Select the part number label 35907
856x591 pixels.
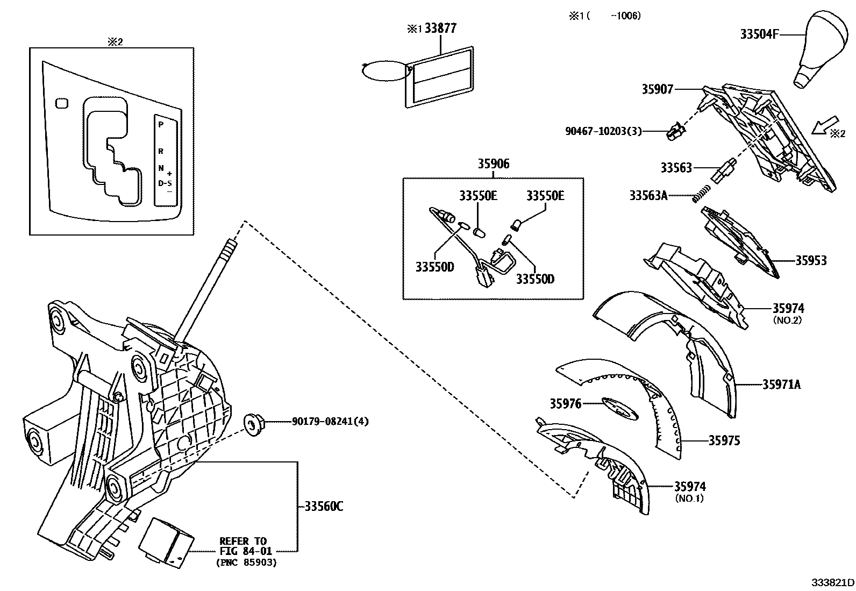coord(657,90)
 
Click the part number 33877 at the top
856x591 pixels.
coord(440,28)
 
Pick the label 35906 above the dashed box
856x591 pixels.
coord(493,164)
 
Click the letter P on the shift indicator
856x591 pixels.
coord(160,124)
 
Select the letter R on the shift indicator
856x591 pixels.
coord(160,152)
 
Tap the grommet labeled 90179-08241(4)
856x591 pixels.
coord(251,423)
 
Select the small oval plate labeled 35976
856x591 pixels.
coord(619,407)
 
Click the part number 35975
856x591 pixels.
coord(724,441)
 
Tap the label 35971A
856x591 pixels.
coord(781,384)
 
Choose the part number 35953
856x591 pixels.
coord(811,261)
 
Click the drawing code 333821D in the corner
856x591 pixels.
coord(832,583)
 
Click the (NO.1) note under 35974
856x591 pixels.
coord(689,498)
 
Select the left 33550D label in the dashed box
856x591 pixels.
coord(434,267)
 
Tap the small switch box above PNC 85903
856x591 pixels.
coord(167,541)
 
